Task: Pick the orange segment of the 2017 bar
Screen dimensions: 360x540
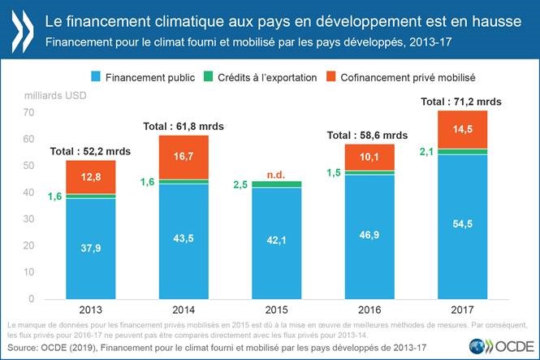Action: [462, 129]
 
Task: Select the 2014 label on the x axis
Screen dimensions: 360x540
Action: [184, 310]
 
